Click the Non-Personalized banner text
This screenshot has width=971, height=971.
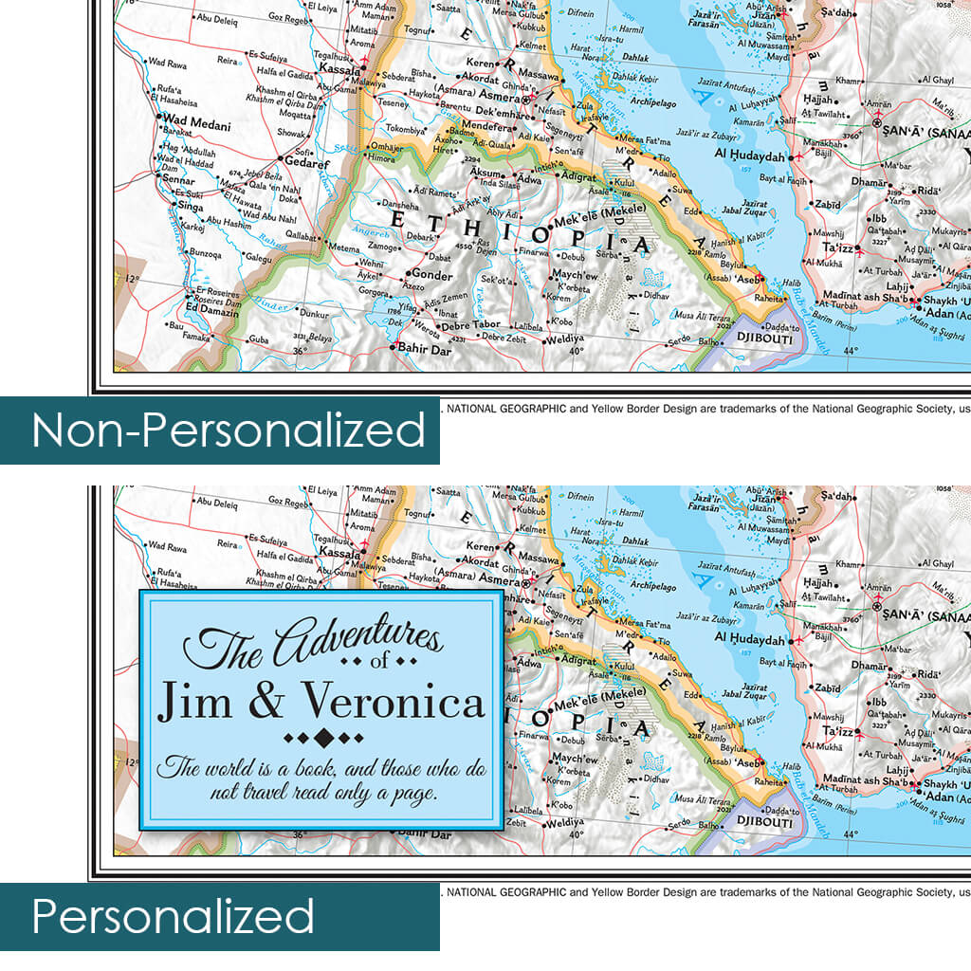point(228,431)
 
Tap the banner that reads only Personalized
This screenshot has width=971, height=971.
point(173,917)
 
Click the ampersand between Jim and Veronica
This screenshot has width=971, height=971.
point(266,703)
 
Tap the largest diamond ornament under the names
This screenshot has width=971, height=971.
point(323,737)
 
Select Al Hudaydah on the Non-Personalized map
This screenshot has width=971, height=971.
point(749,156)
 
